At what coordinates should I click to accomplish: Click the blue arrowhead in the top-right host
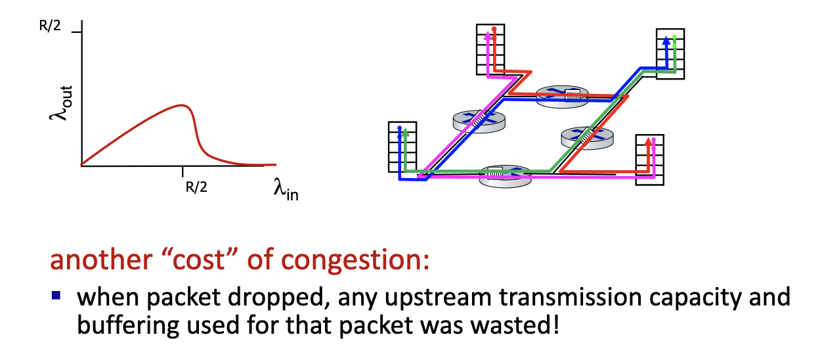(x=666, y=40)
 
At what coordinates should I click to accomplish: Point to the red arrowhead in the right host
(x=649, y=141)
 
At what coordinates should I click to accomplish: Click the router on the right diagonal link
(x=586, y=136)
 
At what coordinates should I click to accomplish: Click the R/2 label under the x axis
(x=196, y=187)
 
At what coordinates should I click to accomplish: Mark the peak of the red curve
(x=182, y=105)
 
